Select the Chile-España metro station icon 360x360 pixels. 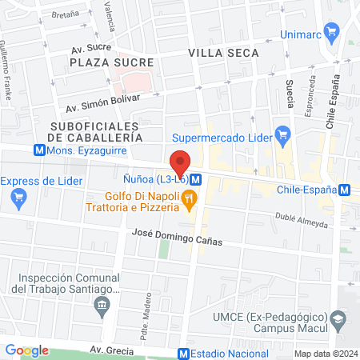click(344, 190)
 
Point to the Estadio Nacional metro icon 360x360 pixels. click(184, 353)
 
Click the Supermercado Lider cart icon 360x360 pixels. click(282, 133)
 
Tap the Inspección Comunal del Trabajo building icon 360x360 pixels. click(102, 305)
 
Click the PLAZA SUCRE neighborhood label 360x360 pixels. click(100, 62)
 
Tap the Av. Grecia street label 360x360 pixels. click(110, 351)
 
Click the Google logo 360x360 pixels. click(26, 350)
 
